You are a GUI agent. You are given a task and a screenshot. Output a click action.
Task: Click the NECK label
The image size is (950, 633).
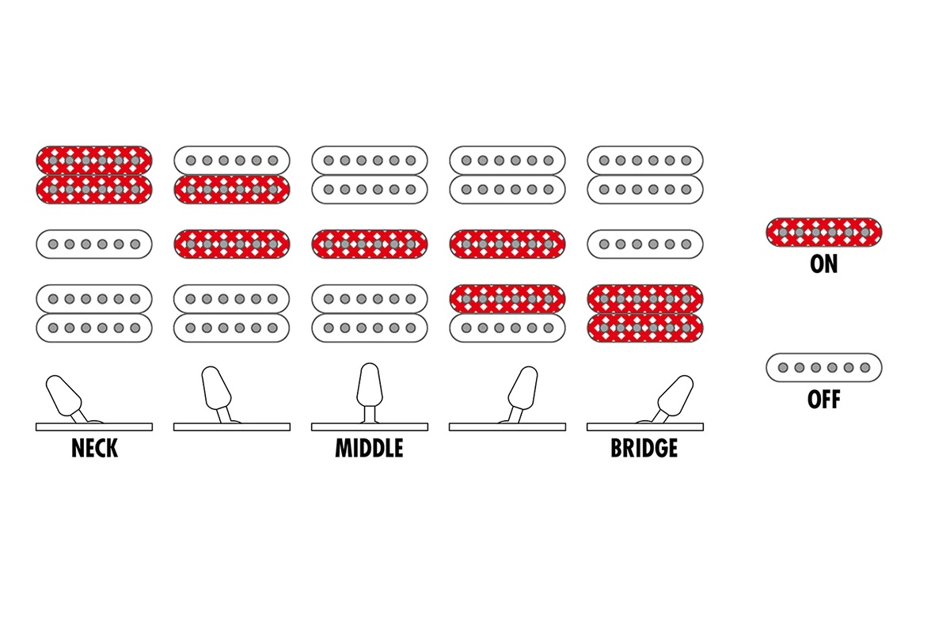click(94, 449)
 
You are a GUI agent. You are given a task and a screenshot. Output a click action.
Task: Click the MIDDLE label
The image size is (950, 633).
click(369, 449)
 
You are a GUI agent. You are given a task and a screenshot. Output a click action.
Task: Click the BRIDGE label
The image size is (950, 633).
click(644, 449)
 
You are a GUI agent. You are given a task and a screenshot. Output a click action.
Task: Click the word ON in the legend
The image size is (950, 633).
click(823, 264)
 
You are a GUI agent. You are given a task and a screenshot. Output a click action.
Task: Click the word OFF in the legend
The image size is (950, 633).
click(823, 400)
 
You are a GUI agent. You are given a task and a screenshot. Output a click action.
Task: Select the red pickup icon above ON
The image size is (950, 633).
click(823, 232)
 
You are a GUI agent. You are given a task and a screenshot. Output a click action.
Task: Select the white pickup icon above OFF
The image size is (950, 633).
click(823, 367)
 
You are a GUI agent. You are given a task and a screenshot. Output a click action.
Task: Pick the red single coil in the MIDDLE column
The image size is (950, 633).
click(370, 244)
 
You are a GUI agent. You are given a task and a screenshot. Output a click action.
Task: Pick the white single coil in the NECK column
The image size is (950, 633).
click(93, 244)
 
